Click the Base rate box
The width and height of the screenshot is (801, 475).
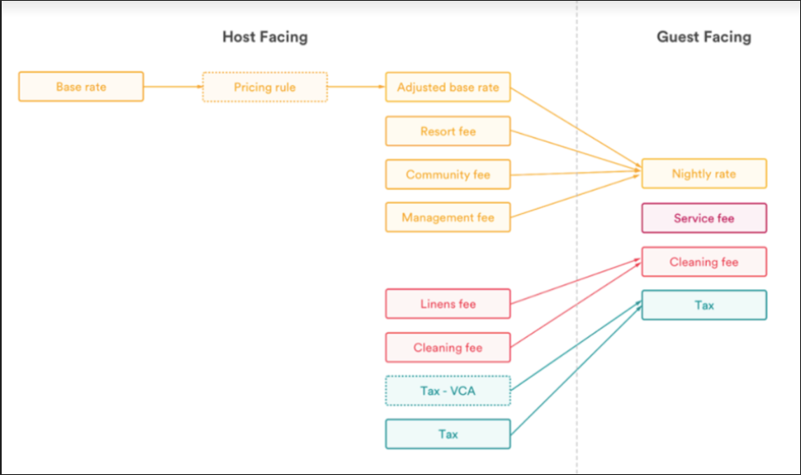81,87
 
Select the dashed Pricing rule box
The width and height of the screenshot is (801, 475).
264,87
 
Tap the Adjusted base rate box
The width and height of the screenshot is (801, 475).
447,87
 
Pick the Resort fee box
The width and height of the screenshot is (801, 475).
447,131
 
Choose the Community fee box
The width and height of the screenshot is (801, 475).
447,174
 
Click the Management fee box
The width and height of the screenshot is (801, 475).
447,217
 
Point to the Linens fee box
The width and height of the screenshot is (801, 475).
447,304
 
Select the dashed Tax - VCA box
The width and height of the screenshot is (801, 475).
447,391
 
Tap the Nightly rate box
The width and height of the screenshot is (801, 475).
703,173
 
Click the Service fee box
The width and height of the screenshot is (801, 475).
703,218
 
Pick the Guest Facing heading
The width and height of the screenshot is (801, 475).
703,37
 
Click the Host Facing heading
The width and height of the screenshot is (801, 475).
264,37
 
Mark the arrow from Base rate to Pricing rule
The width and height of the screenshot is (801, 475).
173,87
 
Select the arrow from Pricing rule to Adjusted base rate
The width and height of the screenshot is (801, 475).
355,87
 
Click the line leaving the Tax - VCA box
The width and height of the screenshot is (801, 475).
573,347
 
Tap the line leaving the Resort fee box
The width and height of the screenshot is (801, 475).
573,152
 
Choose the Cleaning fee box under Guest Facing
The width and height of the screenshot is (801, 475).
703,262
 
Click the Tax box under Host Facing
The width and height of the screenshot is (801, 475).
447,434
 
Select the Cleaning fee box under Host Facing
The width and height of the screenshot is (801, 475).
447,347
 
